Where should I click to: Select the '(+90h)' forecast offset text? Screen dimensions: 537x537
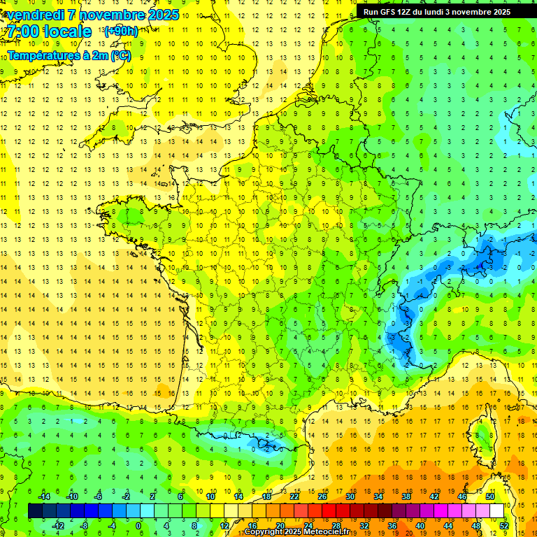click(120, 31)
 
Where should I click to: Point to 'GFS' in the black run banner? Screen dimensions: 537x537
click(389, 11)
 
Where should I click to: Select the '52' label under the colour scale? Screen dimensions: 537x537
click(503, 526)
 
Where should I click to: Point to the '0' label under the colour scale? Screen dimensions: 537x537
click(138, 526)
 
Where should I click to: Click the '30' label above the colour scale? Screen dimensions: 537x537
click(350, 496)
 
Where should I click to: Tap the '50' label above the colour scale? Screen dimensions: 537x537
click(489, 496)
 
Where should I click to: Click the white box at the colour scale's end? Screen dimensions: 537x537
click(497, 511)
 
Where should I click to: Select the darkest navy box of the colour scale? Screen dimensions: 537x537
click(35, 511)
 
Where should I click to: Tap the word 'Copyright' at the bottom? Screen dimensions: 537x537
click(263, 532)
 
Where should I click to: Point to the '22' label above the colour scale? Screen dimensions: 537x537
click(295, 496)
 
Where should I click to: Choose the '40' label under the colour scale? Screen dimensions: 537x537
click(420, 526)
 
